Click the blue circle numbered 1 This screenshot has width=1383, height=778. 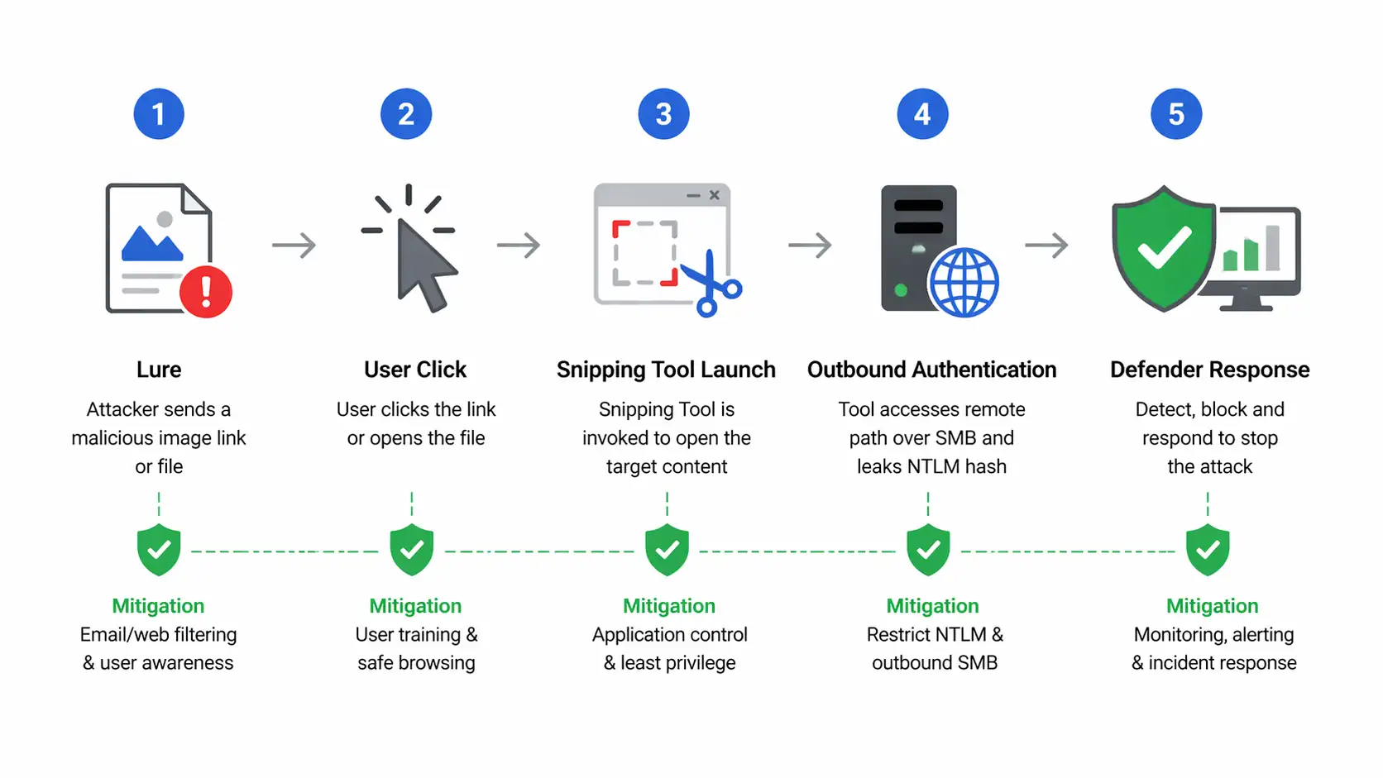(x=159, y=114)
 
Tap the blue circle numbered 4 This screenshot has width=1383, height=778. (x=922, y=114)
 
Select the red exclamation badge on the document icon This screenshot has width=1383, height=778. (x=206, y=292)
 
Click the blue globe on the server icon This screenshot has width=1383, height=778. (x=964, y=282)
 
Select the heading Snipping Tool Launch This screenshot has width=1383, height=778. (x=666, y=370)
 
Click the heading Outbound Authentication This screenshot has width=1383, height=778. (x=931, y=370)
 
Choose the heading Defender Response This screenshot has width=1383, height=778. (x=1209, y=370)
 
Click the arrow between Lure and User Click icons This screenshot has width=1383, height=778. (x=294, y=246)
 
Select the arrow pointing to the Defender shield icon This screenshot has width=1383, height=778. (x=1047, y=246)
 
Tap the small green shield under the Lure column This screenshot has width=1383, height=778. (x=159, y=550)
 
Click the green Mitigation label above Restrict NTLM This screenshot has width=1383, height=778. (x=932, y=606)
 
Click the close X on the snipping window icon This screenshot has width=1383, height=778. (x=715, y=195)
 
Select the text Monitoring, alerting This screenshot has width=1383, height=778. (x=1213, y=635)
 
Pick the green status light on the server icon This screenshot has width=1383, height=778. (x=901, y=290)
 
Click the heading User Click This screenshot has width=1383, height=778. (x=415, y=370)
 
